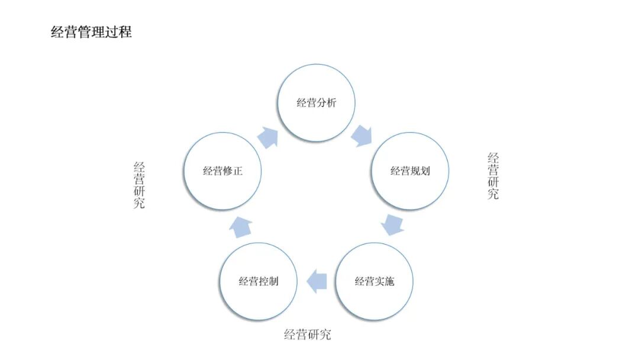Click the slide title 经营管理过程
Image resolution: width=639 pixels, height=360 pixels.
point(91,33)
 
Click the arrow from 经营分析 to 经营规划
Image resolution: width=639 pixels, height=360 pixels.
point(362,136)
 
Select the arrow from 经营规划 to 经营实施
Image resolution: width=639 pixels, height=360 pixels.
point(392,224)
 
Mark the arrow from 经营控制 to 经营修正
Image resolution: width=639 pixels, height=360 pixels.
point(241,226)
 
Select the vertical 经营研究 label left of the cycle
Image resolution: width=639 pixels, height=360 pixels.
point(139,185)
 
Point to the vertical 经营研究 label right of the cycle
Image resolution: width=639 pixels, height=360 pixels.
point(493,176)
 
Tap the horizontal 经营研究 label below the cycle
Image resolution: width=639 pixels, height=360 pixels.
point(308,335)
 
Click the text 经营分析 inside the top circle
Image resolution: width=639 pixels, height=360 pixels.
point(317,103)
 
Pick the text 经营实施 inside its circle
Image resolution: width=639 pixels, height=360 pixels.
point(374,281)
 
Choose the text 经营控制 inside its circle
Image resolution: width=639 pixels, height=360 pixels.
point(259,281)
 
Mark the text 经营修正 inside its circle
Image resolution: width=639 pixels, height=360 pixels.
point(223,171)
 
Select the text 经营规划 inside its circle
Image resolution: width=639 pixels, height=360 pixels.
point(409,171)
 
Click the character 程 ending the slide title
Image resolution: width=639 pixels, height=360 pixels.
point(125,33)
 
